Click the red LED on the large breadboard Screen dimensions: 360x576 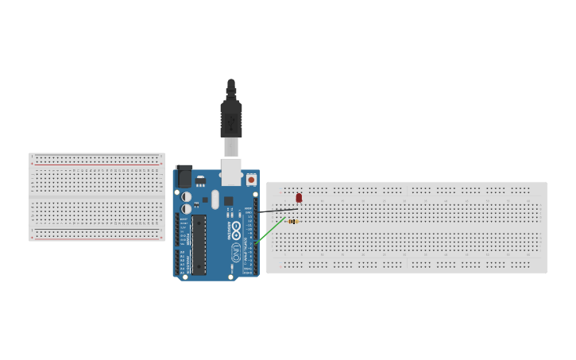[x=299, y=197]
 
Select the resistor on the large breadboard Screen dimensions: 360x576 [x=292, y=222]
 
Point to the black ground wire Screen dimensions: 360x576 [x=278, y=211]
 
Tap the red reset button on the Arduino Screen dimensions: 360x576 [x=251, y=180]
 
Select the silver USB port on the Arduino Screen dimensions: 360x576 [x=231, y=171]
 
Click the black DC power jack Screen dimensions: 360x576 [x=184, y=176]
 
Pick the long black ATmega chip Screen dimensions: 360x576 [x=199, y=244]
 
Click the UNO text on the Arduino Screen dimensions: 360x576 [x=236, y=252]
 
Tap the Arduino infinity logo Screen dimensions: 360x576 [x=236, y=226]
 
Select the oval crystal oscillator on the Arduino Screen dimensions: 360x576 [x=215, y=199]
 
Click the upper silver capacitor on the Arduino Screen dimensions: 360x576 [x=186, y=196]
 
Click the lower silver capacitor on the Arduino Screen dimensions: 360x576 [x=186, y=209]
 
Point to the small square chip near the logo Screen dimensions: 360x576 [x=228, y=201]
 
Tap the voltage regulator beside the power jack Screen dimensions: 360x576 [x=200, y=181]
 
